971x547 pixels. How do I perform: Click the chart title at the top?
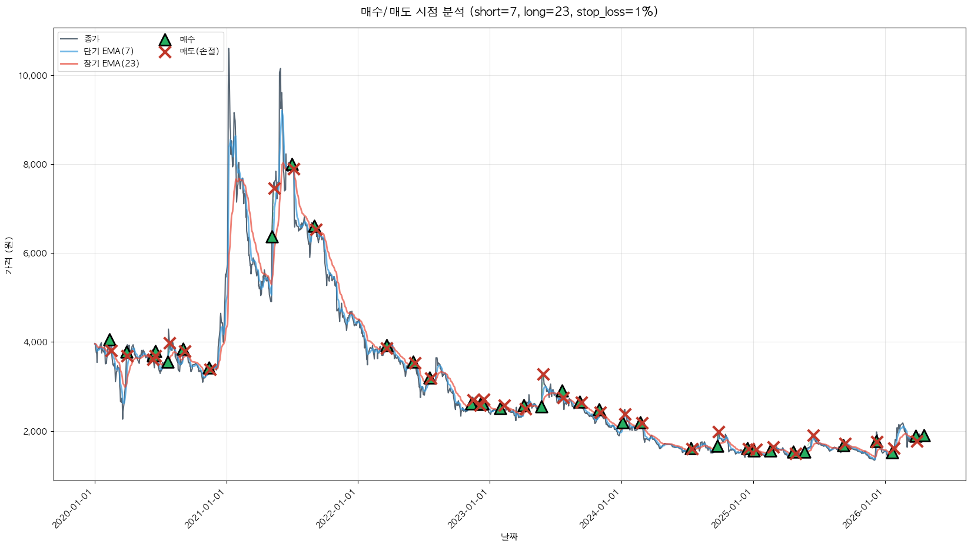tap(509, 12)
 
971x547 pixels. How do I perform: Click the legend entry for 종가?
tap(92, 39)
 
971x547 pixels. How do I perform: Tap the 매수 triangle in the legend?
tap(165, 39)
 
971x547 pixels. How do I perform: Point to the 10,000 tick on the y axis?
tap(36, 76)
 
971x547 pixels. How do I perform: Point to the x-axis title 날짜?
tap(509, 536)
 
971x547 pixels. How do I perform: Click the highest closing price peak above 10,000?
tap(228, 49)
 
